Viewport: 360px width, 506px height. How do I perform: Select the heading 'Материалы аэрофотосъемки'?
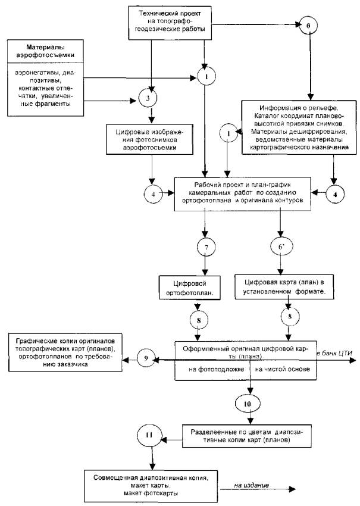[45, 51]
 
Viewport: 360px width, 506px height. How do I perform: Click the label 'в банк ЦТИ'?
[335, 353]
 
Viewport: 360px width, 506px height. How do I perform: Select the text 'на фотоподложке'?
[216, 369]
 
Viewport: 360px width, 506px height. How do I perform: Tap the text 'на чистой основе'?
[282, 369]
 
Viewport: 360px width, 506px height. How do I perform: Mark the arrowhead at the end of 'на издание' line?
[292, 489]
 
